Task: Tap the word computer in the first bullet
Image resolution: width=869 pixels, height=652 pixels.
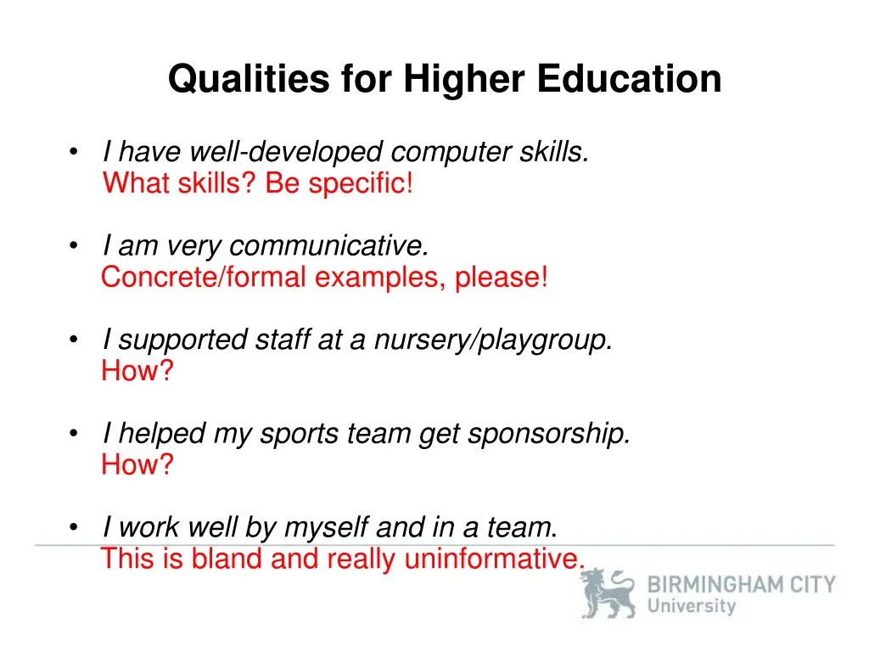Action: click(451, 153)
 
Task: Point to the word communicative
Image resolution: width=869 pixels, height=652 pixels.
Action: click(329, 246)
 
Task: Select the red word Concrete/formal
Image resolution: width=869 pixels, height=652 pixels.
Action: click(204, 277)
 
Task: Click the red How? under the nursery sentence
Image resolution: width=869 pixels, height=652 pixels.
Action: click(137, 370)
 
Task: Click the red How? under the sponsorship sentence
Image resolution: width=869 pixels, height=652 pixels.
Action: click(137, 464)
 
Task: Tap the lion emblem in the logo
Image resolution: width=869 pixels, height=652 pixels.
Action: click(608, 593)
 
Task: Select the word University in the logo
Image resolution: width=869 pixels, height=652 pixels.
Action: click(692, 606)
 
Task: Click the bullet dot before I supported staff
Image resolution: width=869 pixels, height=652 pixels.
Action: click(76, 340)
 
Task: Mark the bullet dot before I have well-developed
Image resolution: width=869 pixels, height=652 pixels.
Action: click(76, 154)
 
